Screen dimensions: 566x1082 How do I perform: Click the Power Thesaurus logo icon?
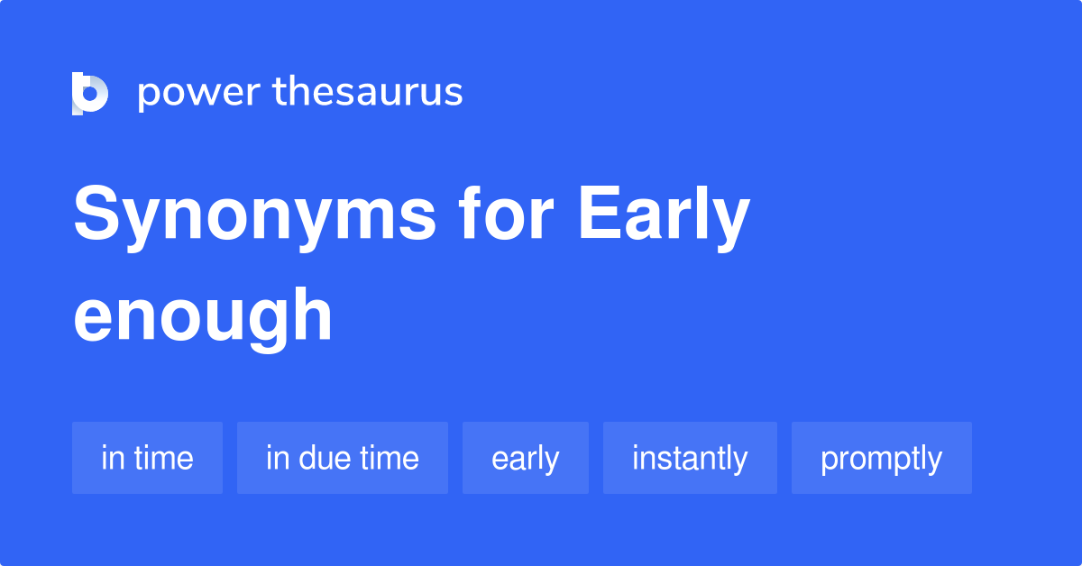pos(89,94)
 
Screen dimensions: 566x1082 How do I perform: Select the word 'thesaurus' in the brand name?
pos(368,92)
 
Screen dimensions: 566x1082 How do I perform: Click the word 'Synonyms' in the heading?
pos(255,217)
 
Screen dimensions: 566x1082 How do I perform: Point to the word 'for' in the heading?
pos(508,215)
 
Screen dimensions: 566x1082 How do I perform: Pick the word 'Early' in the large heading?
pos(664,217)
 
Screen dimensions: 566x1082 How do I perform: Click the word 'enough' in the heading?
pos(203,316)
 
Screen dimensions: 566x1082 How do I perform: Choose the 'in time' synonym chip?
pos(147,458)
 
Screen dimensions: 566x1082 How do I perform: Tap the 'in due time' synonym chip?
pos(343,458)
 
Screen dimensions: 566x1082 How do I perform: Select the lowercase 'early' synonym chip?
pos(526,458)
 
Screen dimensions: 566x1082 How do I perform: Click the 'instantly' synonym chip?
pos(690,458)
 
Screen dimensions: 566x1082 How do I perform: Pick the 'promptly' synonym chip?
pos(882,458)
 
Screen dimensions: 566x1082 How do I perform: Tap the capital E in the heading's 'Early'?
pos(599,215)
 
